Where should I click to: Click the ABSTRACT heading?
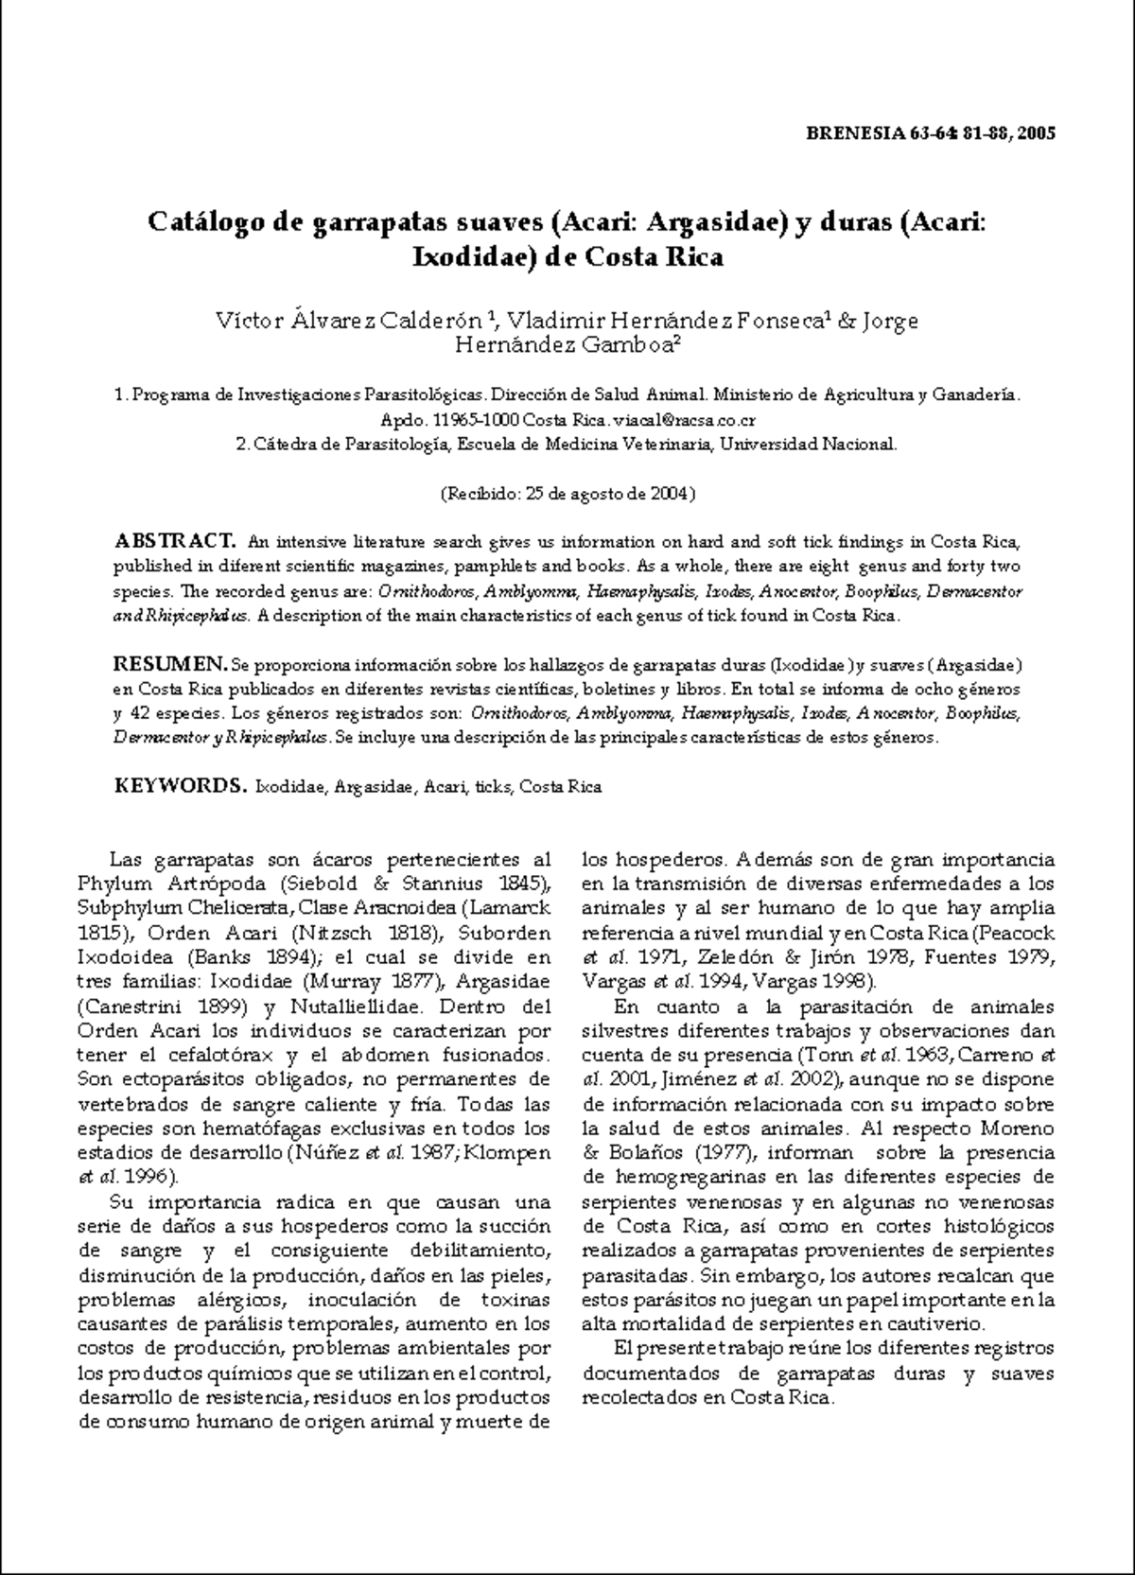click(173, 542)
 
